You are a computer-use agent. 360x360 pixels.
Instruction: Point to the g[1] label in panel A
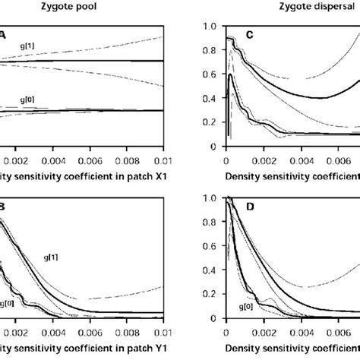coord(28,47)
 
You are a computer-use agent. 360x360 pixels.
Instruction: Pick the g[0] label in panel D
coord(246,307)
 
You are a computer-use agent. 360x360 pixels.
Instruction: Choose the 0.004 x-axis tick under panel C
coord(312,161)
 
